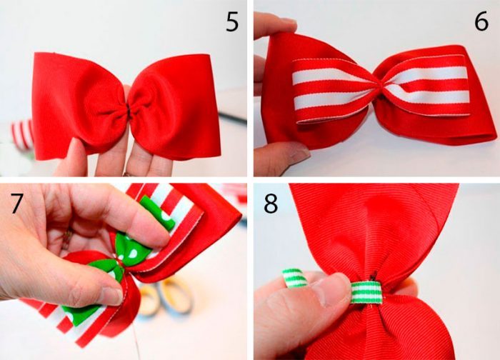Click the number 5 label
(232, 21)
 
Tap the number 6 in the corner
(481, 21)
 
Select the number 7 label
(17, 203)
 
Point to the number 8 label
(271, 204)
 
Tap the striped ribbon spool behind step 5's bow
(22, 134)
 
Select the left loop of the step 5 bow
(80, 105)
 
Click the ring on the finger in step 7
(67, 238)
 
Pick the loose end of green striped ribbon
(294, 278)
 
